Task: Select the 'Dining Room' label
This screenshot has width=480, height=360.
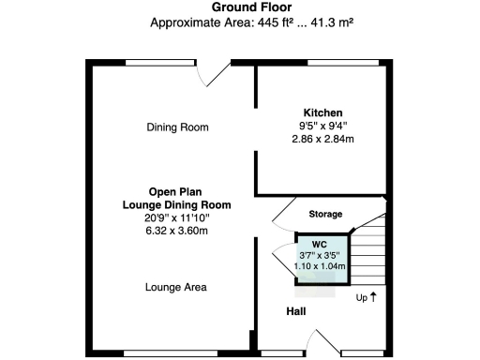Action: (177, 127)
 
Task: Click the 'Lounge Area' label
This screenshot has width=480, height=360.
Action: (176, 287)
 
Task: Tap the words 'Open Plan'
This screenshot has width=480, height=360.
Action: (176, 191)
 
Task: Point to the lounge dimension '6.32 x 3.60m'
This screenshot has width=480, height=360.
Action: (176, 231)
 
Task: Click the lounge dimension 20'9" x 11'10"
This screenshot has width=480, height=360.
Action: (176, 217)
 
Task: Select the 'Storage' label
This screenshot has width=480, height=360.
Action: (325, 214)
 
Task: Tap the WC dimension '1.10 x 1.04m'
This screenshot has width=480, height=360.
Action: (320, 266)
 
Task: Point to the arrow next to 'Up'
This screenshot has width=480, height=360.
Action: (373, 297)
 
